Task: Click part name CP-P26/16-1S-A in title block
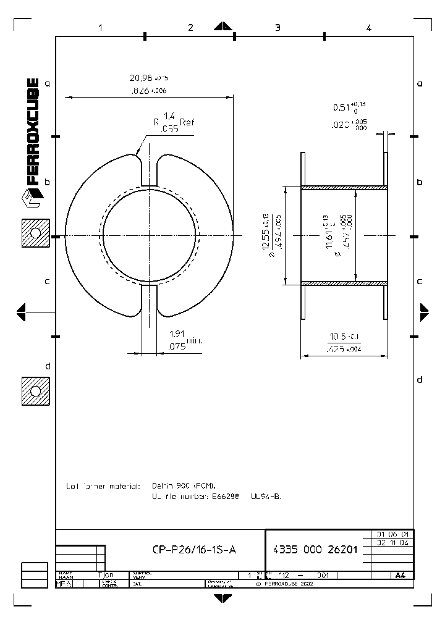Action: pyautogui.click(x=194, y=550)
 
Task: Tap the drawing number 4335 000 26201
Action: pyautogui.click(x=315, y=550)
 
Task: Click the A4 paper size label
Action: pyautogui.click(x=400, y=576)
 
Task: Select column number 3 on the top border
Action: pyautogui.click(x=278, y=28)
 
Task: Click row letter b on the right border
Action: pyautogui.click(x=420, y=182)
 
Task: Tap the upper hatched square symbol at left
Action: pyautogui.click(x=35, y=233)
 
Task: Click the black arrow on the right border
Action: pyautogui.click(x=424, y=312)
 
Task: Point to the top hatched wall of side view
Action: pyautogui.click(x=344, y=187)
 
